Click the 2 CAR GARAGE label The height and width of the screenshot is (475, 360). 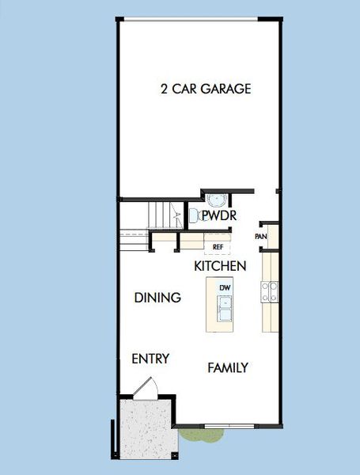tap(206, 89)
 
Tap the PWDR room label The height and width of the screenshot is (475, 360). tap(219, 215)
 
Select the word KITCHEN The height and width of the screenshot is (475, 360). tap(220, 266)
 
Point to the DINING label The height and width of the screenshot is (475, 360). tap(157, 298)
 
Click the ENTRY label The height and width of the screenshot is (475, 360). tap(150, 359)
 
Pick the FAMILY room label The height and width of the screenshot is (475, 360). tap(228, 368)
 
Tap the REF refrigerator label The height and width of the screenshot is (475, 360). tap(218, 247)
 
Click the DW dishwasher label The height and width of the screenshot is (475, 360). tap(225, 288)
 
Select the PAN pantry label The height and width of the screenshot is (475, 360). tap(260, 236)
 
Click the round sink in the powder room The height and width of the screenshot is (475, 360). tap(217, 200)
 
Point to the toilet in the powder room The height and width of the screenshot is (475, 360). tap(195, 215)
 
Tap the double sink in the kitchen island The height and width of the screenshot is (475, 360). tap(225, 308)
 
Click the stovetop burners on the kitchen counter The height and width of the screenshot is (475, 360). tap(270, 291)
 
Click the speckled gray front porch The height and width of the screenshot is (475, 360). tap(149, 429)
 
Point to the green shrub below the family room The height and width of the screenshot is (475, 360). tap(202, 435)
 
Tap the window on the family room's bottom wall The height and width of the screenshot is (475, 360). tap(229, 426)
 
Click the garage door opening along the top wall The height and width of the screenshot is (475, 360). tap(191, 20)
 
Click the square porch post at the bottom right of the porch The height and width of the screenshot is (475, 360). tap(175, 456)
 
